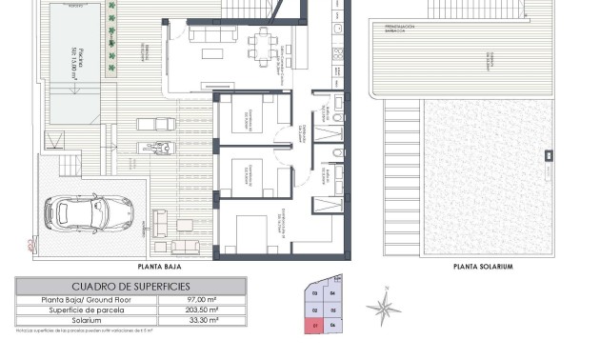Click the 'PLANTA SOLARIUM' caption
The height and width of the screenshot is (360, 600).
[x=483, y=267]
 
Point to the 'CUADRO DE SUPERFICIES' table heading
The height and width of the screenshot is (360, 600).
[x=131, y=286]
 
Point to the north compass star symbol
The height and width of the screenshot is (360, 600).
[x=384, y=307]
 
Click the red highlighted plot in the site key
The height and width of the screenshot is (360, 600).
[x=314, y=326]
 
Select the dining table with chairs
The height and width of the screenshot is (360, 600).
[x=260, y=42]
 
